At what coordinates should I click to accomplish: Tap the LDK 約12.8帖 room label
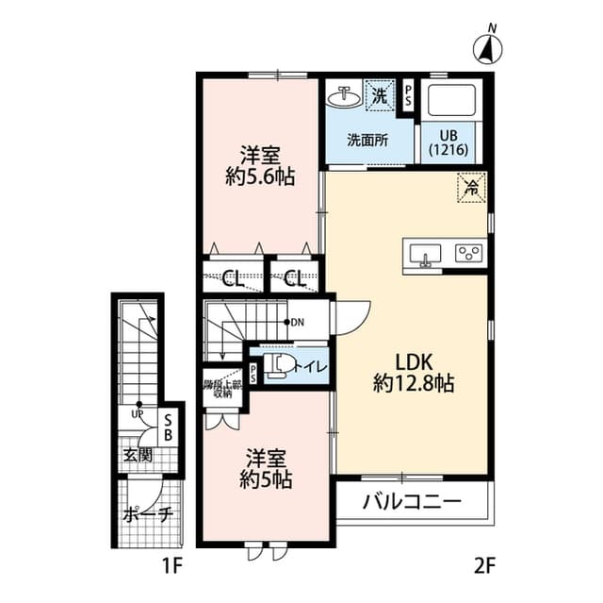pos(413,372)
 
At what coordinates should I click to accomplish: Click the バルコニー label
pos(413,501)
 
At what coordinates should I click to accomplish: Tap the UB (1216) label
pos(448,142)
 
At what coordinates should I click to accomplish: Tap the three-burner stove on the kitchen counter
pos(468,253)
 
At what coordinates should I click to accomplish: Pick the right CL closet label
pos(294,278)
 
